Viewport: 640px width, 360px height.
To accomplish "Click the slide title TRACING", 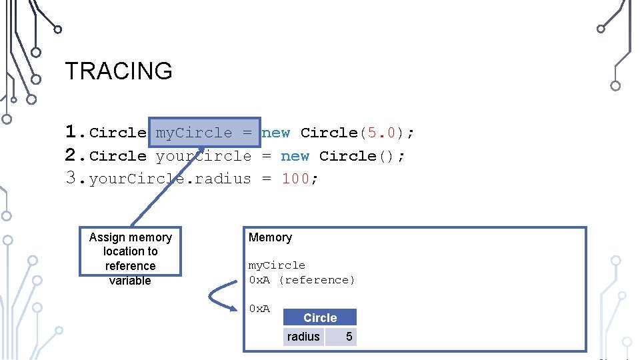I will point(118,71).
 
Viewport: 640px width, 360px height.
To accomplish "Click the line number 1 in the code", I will point(74,132).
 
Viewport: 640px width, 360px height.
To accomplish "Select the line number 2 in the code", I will point(74,155).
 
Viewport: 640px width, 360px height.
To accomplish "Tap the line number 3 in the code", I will point(74,178).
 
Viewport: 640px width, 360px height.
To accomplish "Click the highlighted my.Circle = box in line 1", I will point(204,133).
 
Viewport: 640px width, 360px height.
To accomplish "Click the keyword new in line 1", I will point(276,133).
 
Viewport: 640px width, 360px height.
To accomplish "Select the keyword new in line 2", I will point(295,156).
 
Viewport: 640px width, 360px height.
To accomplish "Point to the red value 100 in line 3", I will point(295,179).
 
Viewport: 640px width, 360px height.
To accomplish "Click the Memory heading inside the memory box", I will point(270,237).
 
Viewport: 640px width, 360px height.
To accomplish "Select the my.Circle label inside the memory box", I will point(277,265).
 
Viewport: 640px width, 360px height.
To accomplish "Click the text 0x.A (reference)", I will point(302,280).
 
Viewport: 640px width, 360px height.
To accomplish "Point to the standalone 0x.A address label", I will point(259,308).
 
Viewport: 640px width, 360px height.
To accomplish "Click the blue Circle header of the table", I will point(320,318).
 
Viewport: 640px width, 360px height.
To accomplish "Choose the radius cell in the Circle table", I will point(303,337).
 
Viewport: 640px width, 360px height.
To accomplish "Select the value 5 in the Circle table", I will point(349,337).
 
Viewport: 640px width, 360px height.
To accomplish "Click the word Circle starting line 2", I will point(117,156).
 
